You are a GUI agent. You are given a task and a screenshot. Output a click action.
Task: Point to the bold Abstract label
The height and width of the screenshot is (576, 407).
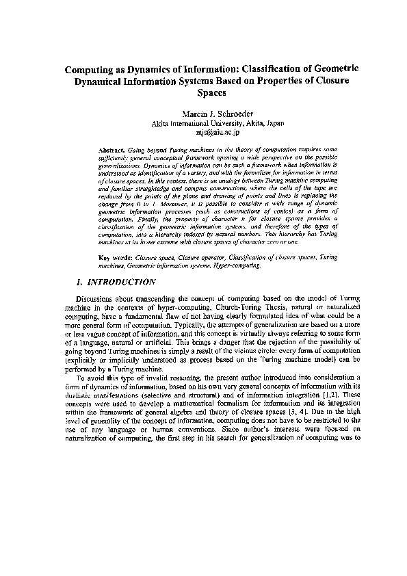[110, 148]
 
